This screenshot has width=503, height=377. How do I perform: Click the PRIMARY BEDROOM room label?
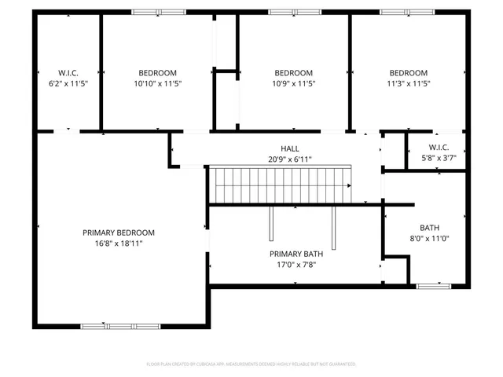point(119,232)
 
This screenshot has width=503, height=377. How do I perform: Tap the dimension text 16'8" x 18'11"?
point(119,243)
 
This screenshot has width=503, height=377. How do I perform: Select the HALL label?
point(290,148)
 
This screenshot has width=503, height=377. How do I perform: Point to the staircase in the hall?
point(282,185)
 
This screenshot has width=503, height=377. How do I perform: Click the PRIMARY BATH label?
point(296,254)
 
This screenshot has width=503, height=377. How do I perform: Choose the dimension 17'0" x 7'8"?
point(296,265)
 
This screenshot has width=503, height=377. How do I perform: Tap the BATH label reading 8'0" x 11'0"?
point(430,228)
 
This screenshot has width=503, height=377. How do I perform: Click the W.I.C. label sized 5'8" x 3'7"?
point(439,147)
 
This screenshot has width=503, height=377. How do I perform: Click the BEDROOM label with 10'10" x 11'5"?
point(158,73)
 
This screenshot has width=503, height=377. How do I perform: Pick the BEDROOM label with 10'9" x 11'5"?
point(293,73)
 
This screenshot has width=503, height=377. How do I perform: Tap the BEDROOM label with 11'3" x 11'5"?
point(408,73)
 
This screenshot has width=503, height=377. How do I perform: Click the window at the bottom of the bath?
point(432,286)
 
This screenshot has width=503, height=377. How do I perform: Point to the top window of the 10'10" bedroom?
point(159,13)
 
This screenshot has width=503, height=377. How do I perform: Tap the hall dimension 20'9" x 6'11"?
point(290,159)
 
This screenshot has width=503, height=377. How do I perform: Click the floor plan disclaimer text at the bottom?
point(251,364)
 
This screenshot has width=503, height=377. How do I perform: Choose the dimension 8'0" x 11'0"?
point(430,239)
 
